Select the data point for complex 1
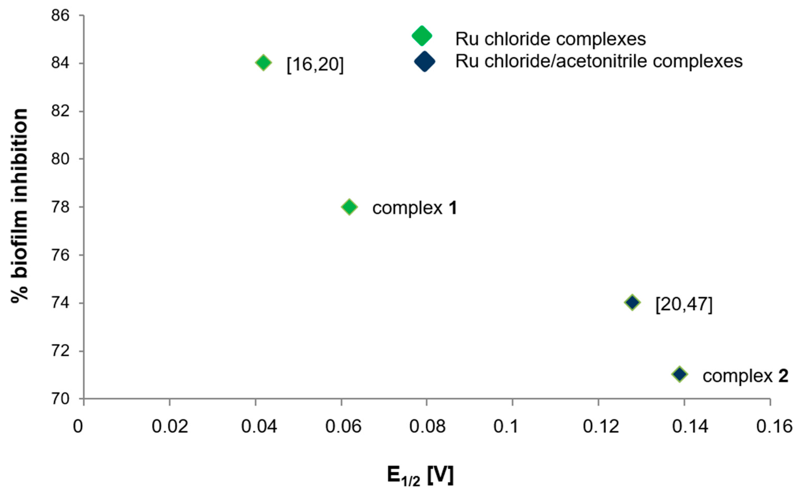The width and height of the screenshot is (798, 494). pyautogui.click(x=349, y=207)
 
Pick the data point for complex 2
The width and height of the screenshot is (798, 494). pyautogui.click(x=680, y=374)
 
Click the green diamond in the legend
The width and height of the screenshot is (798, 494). pyautogui.click(x=422, y=36)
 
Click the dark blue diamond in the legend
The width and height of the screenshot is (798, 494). pyautogui.click(x=425, y=61)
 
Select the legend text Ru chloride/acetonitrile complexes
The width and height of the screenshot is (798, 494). pyautogui.click(x=599, y=61)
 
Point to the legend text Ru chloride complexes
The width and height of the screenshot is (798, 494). pyautogui.click(x=550, y=39)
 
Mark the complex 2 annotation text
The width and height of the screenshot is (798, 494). pyautogui.click(x=745, y=376)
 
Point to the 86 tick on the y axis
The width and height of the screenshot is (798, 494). pyautogui.click(x=61, y=15)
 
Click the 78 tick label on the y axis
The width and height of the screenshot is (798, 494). pyautogui.click(x=61, y=207)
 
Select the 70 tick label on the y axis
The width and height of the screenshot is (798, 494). pyautogui.click(x=61, y=399)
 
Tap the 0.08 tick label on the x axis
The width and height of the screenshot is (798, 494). pyautogui.click(x=427, y=427)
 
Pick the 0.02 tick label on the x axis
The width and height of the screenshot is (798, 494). pyautogui.click(x=170, y=427)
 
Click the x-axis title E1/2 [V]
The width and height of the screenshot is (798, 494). pyautogui.click(x=420, y=476)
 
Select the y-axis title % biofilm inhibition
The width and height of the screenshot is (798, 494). pyautogui.click(x=20, y=206)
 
